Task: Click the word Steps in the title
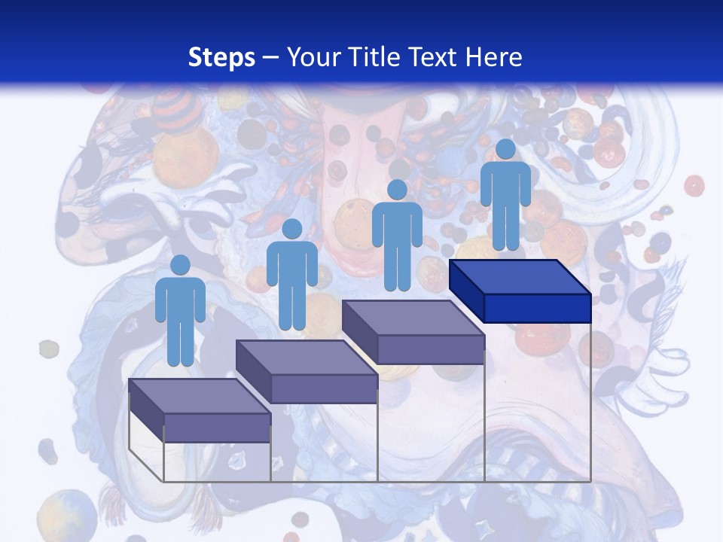(221, 57)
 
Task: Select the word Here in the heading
(494, 57)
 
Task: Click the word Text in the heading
(436, 57)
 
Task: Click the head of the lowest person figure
(180, 265)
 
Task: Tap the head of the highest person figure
(505, 149)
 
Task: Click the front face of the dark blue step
(537, 308)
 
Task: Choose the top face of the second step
(306, 357)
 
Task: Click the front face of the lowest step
(217, 428)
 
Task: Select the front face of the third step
(430, 349)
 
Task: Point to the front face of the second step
(324, 388)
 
